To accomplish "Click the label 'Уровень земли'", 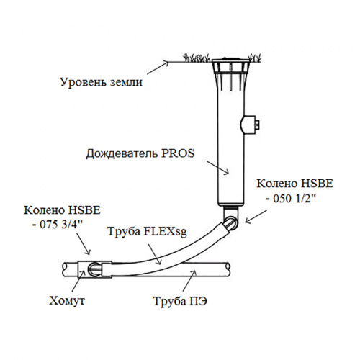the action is [x=101, y=82].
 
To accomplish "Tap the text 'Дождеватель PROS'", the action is [x=140, y=153].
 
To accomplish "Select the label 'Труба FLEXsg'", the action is [x=147, y=232].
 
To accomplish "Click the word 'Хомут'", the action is [x=67, y=300].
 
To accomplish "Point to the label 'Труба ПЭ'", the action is [x=180, y=301].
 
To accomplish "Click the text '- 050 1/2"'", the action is [x=291, y=198].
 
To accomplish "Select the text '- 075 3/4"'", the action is [x=57, y=225].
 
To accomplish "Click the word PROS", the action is [x=178, y=153].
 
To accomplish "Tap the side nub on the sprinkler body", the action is [x=250, y=125].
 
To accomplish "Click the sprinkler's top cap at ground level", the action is [x=231, y=60].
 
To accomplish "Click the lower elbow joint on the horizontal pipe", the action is [x=95, y=269].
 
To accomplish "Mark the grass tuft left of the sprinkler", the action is [x=197, y=58].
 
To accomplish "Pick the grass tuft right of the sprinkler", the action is [x=256, y=58].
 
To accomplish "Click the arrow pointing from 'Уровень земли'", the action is [x=158, y=68].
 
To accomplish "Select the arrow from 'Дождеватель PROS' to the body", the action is [x=218, y=167].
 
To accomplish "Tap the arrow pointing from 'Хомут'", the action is [x=78, y=281].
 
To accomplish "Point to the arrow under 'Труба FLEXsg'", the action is [x=154, y=254].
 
